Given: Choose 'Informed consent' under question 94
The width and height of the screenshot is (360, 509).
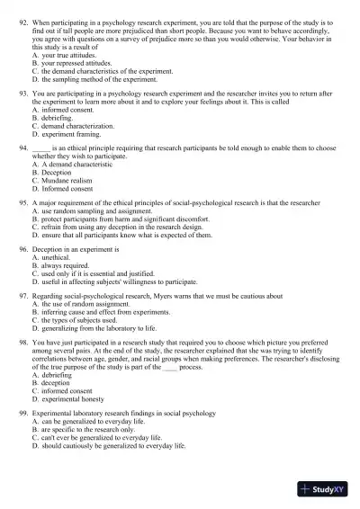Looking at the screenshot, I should point(74,190).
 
